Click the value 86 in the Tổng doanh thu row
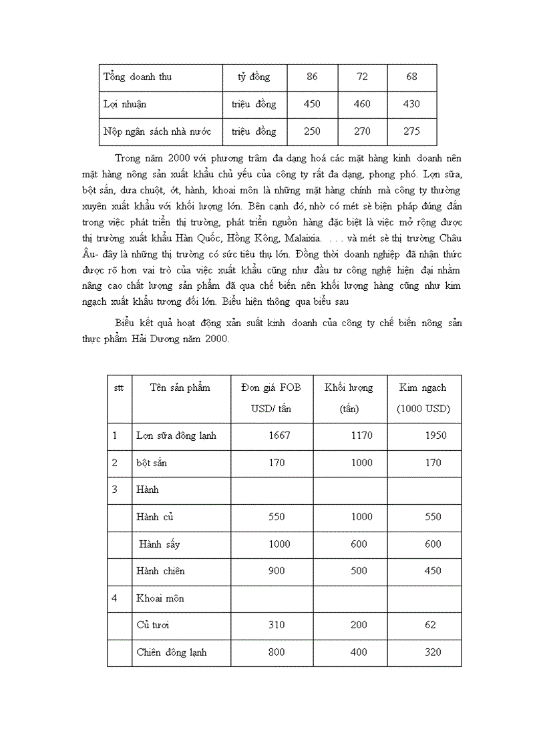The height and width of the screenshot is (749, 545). [x=312, y=77]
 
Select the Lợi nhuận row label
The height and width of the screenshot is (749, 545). [x=125, y=104]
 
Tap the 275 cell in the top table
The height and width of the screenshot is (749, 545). [x=411, y=131]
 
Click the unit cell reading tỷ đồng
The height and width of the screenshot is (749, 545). [x=254, y=77]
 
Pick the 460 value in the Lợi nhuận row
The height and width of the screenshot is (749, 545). [x=362, y=104]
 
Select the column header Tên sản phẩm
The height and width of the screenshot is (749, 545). [x=180, y=388]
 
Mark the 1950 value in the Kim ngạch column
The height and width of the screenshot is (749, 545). [x=435, y=436]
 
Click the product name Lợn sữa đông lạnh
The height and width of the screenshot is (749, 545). [x=176, y=436]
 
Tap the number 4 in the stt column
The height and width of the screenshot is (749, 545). [x=115, y=598]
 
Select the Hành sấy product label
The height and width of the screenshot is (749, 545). [x=159, y=544]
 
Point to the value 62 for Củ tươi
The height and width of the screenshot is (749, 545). [x=430, y=625]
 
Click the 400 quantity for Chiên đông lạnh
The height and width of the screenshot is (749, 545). [x=359, y=652]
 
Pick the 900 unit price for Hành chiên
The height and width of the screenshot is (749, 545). [x=276, y=571]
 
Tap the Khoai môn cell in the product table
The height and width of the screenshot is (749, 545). [x=160, y=598]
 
